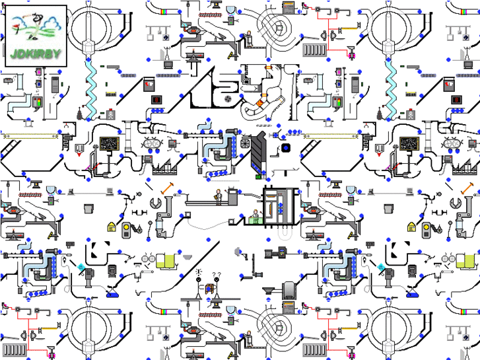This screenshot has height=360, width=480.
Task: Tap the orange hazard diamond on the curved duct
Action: point(261,102)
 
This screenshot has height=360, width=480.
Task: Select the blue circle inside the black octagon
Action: point(286,147)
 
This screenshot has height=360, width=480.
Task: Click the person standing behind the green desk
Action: point(256,215)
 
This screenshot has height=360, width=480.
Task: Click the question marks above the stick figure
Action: point(216,274)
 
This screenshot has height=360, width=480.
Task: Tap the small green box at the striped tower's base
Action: point(258,176)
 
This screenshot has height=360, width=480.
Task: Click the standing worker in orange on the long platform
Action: point(218,197)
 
